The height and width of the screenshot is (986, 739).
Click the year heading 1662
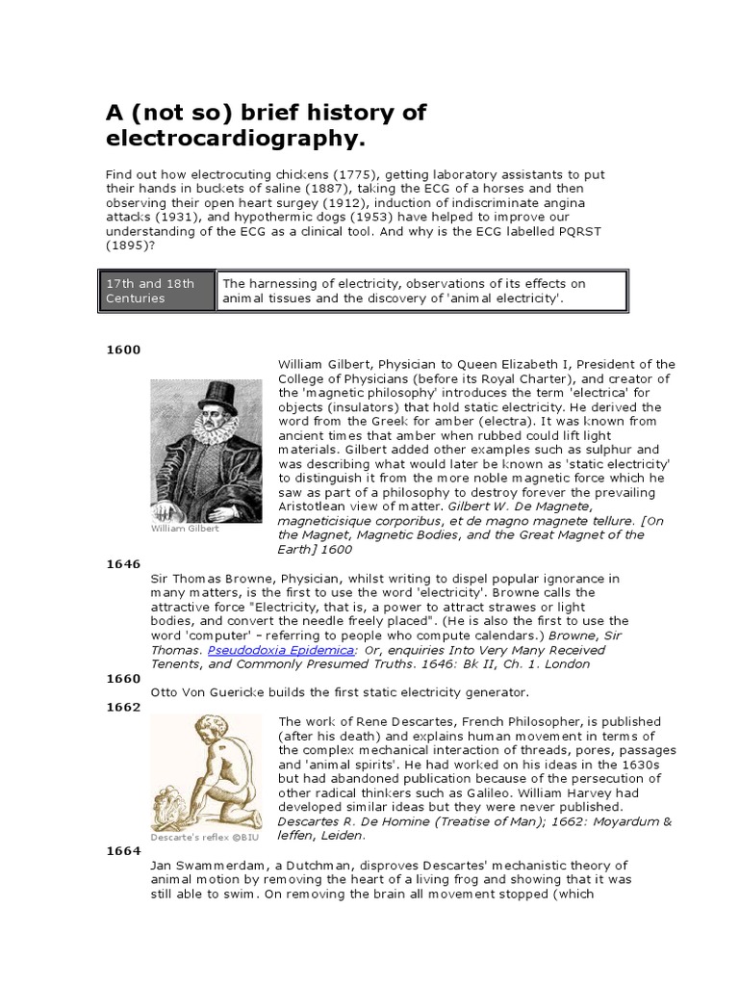click(122, 707)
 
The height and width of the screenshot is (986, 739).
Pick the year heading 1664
click(122, 850)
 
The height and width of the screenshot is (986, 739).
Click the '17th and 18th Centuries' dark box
click(157, 291)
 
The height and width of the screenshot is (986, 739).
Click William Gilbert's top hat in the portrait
click(217, 395)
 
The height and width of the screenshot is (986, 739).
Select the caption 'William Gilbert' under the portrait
click(185, 528)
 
